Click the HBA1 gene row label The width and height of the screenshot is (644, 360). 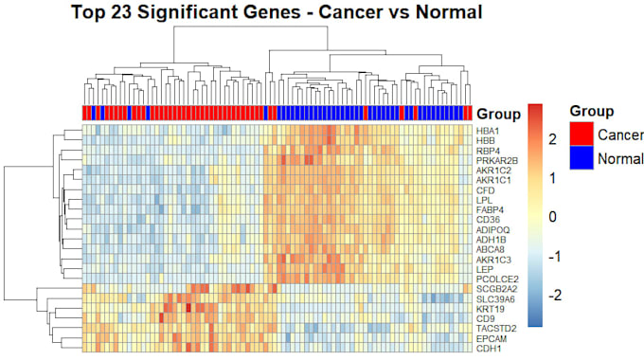488,131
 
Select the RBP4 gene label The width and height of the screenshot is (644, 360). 488,151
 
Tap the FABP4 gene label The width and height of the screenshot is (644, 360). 490,210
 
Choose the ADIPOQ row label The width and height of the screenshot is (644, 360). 492,229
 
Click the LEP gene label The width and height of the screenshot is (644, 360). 485,270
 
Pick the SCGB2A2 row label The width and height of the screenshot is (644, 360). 496,289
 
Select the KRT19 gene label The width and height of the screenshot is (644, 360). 490,309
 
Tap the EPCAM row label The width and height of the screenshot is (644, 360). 492,339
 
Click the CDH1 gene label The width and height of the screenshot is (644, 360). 489,349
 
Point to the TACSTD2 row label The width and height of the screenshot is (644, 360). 496,329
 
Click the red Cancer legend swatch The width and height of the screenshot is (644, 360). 581,134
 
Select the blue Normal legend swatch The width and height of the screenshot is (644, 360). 581,157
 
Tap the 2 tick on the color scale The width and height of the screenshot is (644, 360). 553,139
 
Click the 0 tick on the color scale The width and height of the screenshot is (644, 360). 553,217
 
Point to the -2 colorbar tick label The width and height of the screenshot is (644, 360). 554,295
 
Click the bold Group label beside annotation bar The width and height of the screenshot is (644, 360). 498,114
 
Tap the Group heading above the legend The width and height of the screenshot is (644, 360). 592,111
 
